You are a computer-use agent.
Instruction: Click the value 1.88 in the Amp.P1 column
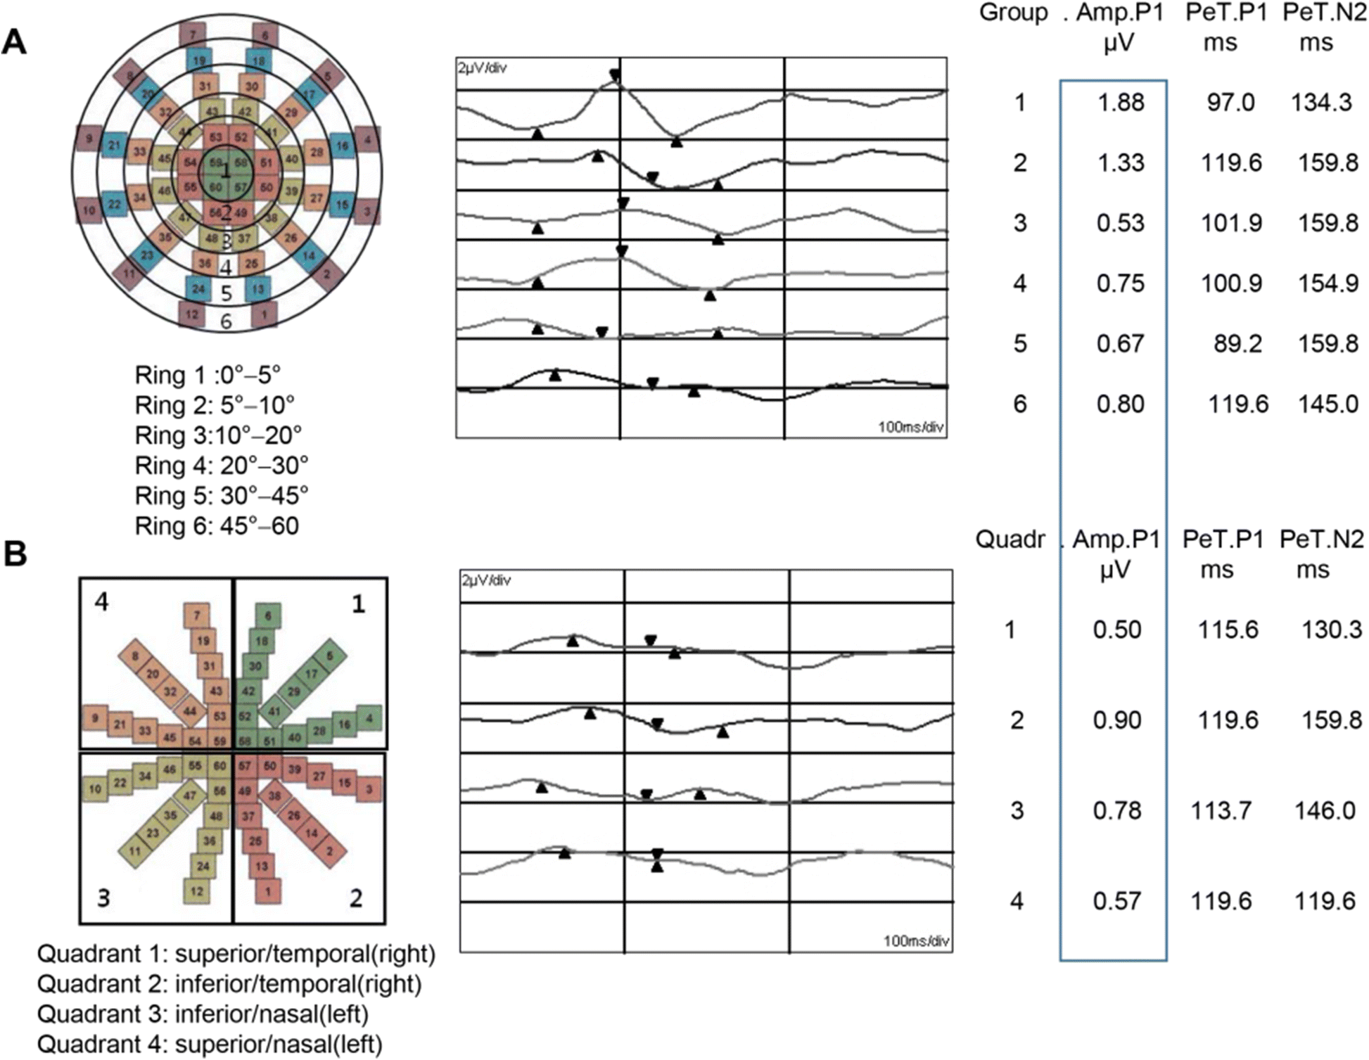point(1121,103)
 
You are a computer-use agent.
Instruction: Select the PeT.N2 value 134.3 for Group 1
point(1320,103)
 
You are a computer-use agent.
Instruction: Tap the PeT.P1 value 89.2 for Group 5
point(1237,344)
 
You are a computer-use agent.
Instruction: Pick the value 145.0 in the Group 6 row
point(1327,404)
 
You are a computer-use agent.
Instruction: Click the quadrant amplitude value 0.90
point(1116,720)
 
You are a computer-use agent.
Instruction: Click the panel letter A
point(14,44)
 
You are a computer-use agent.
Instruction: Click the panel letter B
point(15,554)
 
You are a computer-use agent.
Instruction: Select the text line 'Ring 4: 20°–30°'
point(221,466)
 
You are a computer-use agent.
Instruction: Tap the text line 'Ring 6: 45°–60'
point(217,526)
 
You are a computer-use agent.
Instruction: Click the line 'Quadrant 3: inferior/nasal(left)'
point(203,1014)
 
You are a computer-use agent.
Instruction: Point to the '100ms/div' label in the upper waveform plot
point(910,427)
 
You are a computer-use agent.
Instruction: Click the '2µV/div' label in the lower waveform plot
point(486,581)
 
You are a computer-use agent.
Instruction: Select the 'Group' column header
point(1013,13)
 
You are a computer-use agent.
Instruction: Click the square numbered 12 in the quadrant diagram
point(197,891)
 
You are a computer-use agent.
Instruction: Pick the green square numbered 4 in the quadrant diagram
point(369,719)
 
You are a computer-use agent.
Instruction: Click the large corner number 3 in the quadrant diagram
point(103,898)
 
